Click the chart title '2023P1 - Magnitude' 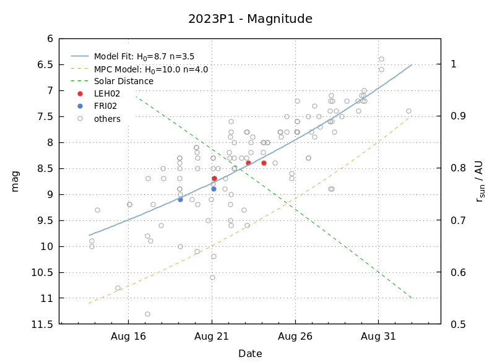pos(250,19)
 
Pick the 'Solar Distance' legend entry pos(123,82)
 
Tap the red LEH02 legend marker pos(80,94)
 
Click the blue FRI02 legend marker pos(80,106)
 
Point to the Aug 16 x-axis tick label pos(129,337)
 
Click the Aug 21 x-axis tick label pos(212,337)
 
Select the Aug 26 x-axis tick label pos(295,337)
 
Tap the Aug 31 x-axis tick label pos(378,337)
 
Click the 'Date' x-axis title pos(250,354)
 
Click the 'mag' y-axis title pos(15,181)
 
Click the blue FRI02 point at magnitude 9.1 pos(180,199)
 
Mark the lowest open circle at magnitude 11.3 pos(147,314)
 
